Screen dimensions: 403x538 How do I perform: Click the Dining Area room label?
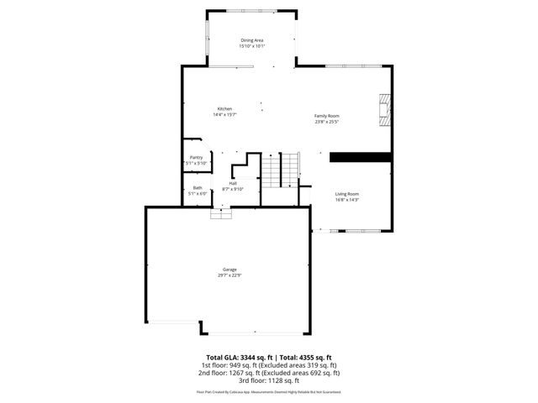(x=253, y=40)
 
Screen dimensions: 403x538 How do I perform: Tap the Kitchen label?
(x=224, y=108)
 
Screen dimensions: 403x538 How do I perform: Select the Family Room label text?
(x=327, y=116)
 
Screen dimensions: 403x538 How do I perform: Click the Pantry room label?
(x=197, y=157)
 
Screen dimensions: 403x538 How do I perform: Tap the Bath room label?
(x=198, y=187)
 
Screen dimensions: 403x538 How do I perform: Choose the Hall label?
(x=233, y=183)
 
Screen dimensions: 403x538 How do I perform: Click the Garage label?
(x=229, y=270)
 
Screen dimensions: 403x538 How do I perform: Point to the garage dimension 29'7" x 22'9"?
(x=229, y=275)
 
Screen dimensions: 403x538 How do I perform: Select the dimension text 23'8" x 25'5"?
(x=327, y=122)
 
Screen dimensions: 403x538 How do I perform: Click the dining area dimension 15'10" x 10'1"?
(x=253, y=46)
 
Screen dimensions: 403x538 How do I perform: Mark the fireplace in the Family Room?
(x=385, y=109)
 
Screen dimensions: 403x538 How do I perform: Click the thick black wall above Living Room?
(x=361, y=156)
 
